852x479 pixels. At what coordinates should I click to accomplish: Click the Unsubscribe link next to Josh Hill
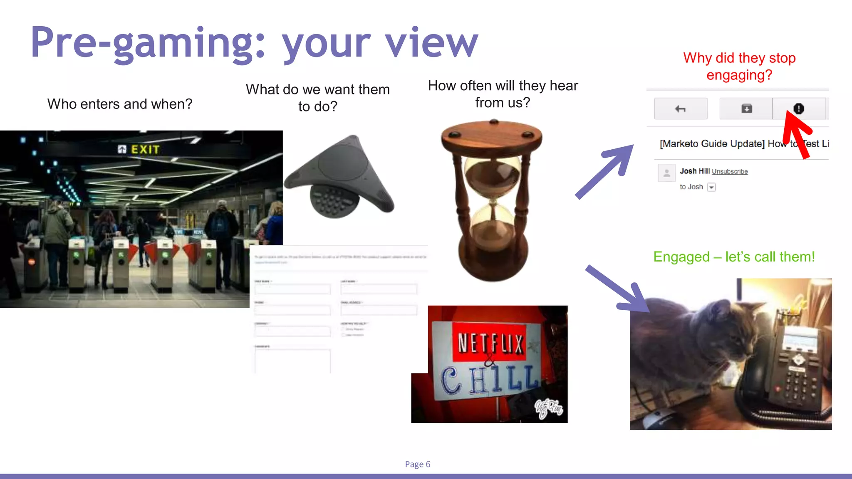pyautogui.click(x=730, y=171)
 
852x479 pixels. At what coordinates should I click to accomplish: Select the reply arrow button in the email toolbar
pyautogui.click(x=681, y=109)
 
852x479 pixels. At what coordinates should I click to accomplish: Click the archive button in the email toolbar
pyautogui.click(x=746, y=109)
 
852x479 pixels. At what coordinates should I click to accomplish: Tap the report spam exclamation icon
pyautogui.click(x=798, y=109)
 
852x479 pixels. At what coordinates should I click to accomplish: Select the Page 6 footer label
pyautogui.click(x=418, y=464)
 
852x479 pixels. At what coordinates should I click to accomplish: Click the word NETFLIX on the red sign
pyautogui.click(x=490, y=343)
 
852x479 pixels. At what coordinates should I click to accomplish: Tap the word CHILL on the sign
pyautogui.click(x=491, y=379)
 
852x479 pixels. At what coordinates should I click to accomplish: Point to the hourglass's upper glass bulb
pyautogui.click(x=492, y=175)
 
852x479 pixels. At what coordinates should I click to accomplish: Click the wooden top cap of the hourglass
pyautogui.click(x=492, y=135)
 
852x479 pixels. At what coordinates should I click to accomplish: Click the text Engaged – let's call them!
pyautogui.click(x=734, y=257)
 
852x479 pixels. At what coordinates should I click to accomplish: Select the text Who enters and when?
pyautogui.click(x=120, y=104)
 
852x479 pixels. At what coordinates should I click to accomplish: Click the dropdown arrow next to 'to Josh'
pyautogui.click(x=711, y=187)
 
